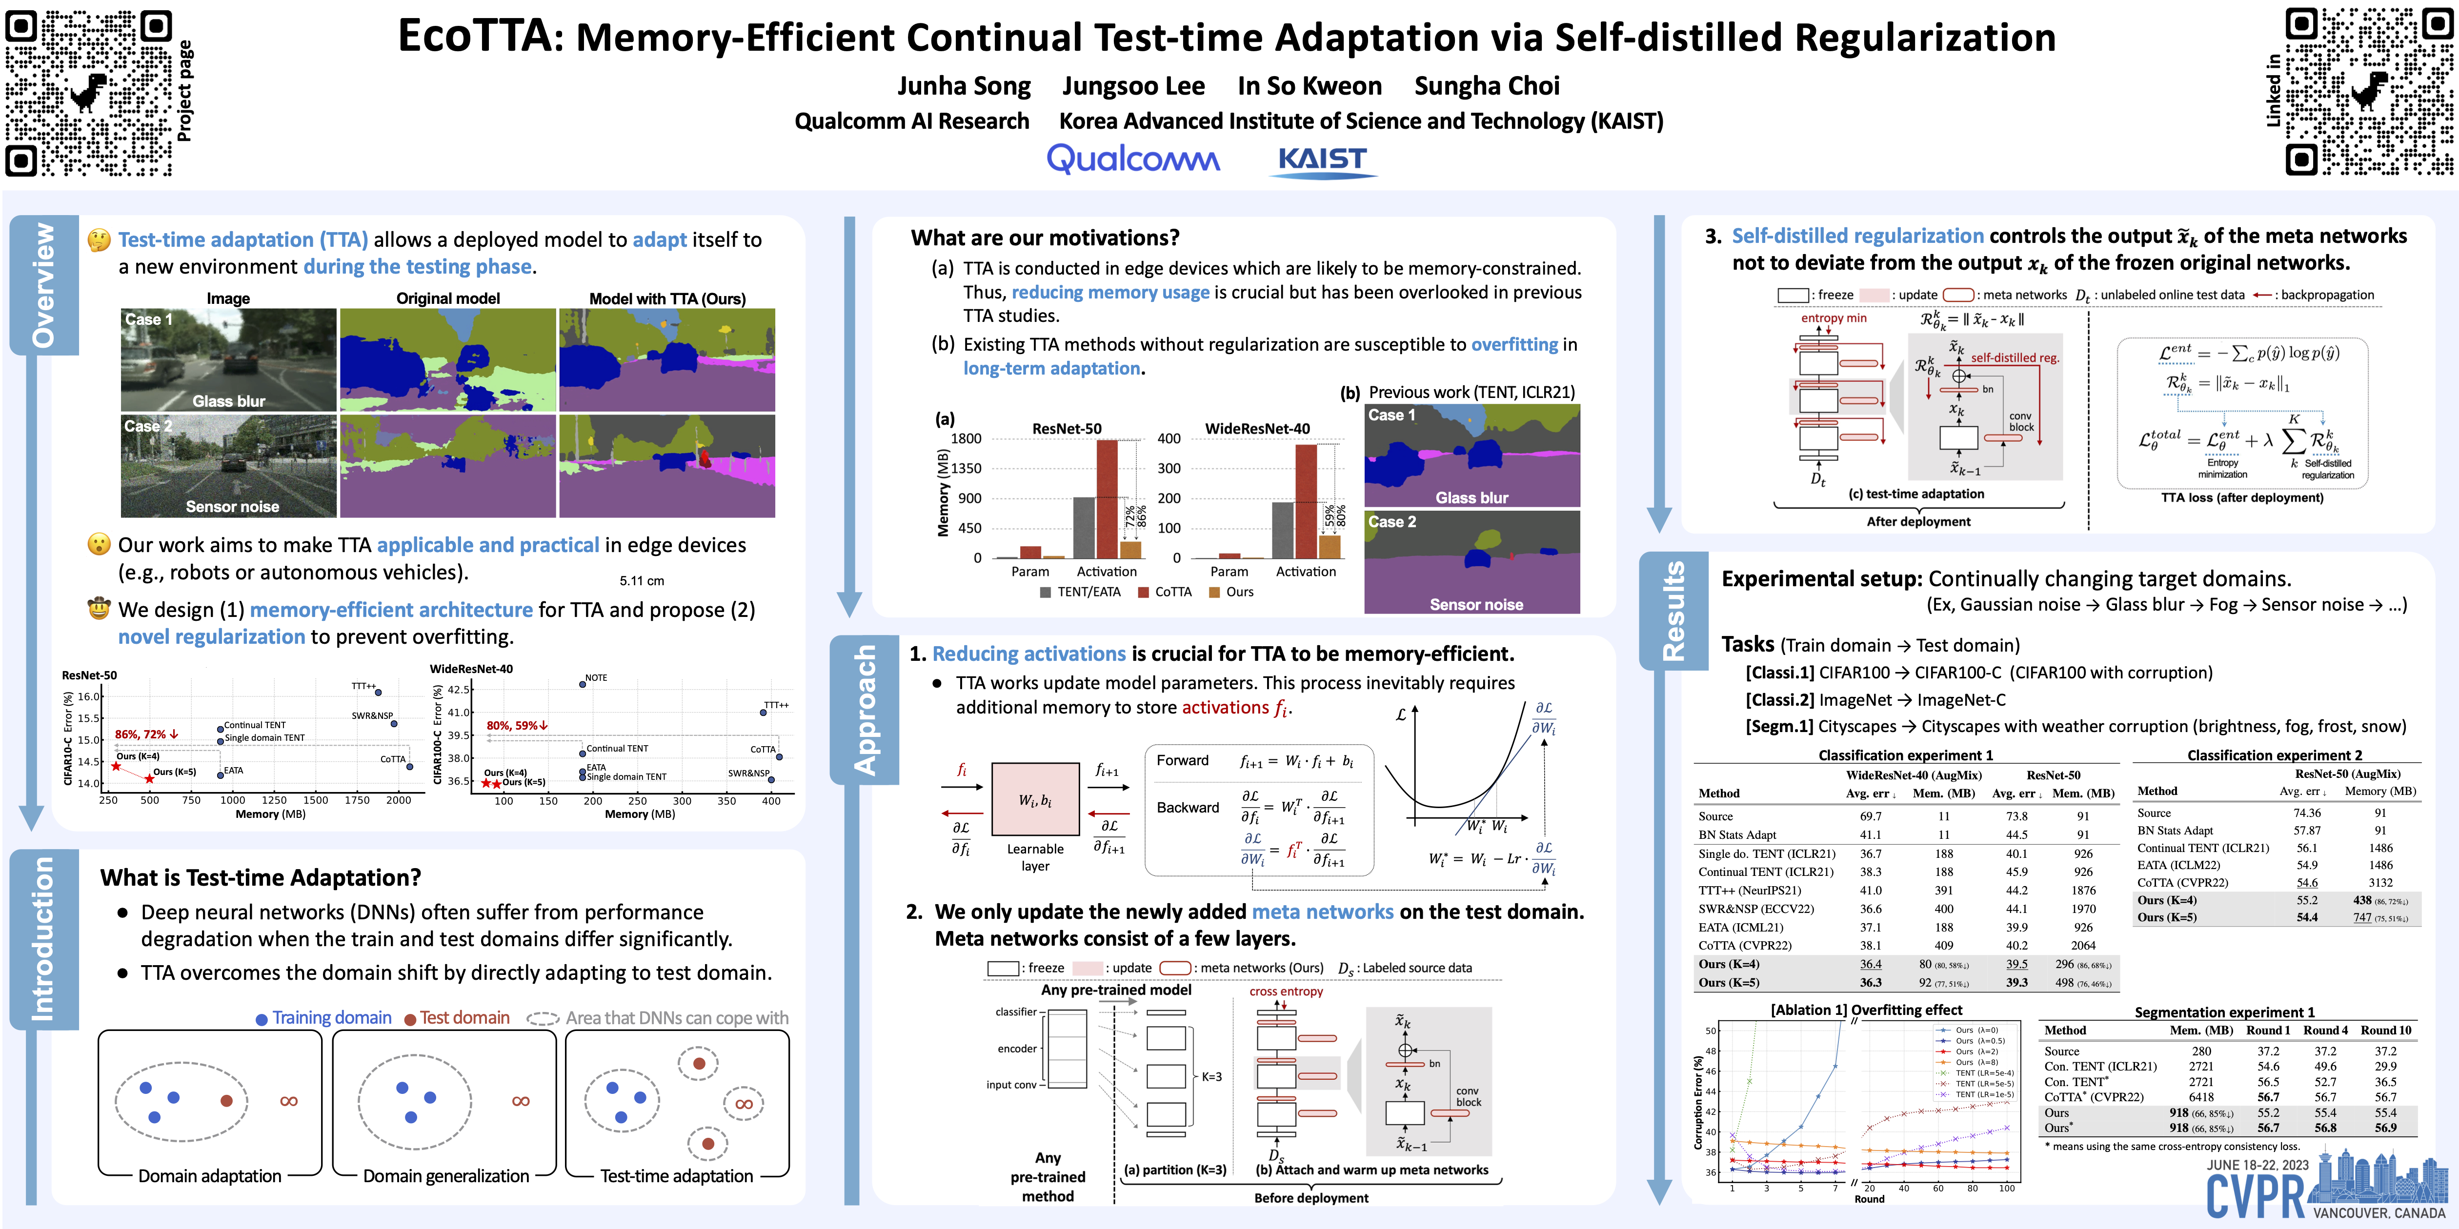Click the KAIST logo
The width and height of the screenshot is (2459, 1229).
(x=1322, y=160)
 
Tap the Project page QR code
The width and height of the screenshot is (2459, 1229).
(x=89, y=93)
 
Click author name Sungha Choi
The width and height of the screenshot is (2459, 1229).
(x=1486, y=86)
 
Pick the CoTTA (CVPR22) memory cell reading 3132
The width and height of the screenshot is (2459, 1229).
(x=2380, y=883)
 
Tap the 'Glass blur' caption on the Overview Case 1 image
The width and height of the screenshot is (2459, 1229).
(x=229, y=401)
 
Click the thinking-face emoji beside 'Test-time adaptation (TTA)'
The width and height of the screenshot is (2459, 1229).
(x=99, y=239)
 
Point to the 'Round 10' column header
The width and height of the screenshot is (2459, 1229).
(x=2385, y=1031)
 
